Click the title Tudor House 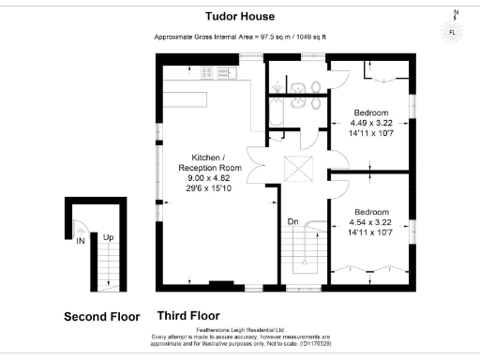pos(239,16)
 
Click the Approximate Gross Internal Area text pos(239,37)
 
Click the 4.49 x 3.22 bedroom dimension pos(369,122)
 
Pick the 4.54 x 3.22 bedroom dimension pos(369,222)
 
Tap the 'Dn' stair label pos(292,222)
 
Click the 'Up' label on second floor pos(109,238)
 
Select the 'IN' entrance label pos(81,241)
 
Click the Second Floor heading pos(101,317)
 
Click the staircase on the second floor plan pos(110,272)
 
